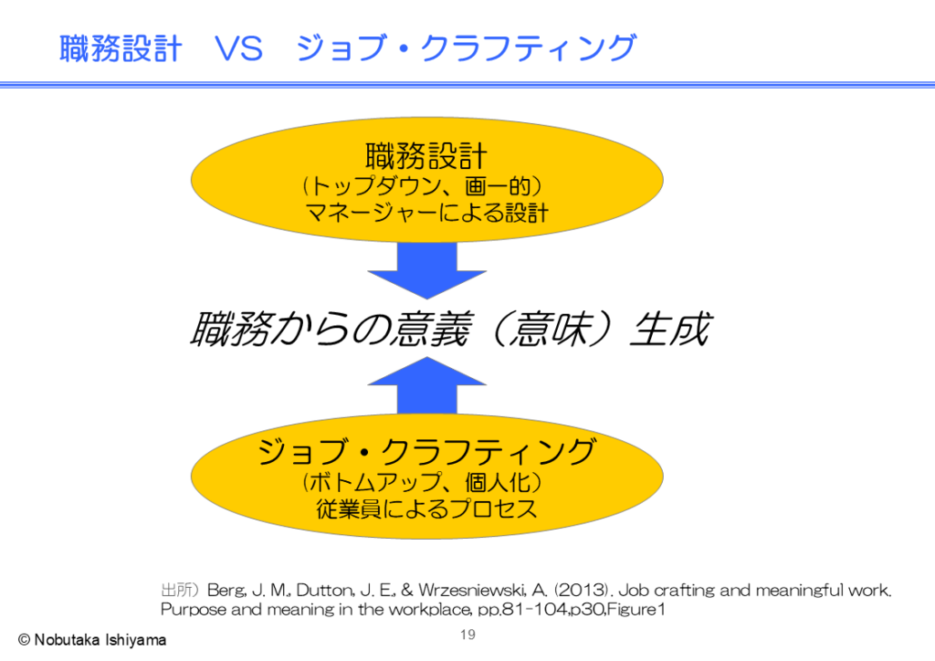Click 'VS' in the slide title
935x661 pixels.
tap(238, 48)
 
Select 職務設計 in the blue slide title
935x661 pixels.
tap(121, 48)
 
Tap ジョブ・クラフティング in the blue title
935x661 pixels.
tap(467, 48)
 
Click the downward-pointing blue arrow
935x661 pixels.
tap(427, 270)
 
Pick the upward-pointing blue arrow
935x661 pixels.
tap(427, 385)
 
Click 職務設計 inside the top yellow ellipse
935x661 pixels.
tap(426, 156)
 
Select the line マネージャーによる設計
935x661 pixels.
tap(427, 213)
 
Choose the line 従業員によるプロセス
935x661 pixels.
tap(427, 509)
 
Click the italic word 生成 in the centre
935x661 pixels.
tap(670, 329)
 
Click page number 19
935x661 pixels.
tap(468, 635)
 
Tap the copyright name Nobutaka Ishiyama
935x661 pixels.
tap(100, 640)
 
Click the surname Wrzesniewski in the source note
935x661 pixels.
tap(472, 590)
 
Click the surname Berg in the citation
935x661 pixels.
tap(226, 591)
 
